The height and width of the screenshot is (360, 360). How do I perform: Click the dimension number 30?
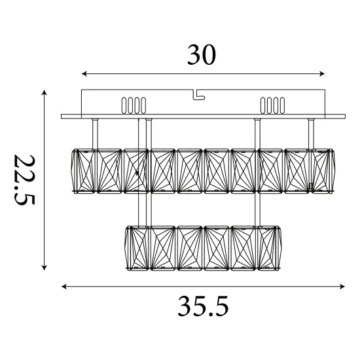[202, 54]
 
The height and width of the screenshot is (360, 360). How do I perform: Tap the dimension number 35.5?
[203, 306]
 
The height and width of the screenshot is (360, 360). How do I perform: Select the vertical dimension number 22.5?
[24, 179]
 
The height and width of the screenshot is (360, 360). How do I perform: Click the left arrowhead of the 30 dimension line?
[84, 74]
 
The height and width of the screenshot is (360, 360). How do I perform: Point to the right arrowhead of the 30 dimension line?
[322, 74]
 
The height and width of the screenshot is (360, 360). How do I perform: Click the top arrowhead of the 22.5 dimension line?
[44, 92]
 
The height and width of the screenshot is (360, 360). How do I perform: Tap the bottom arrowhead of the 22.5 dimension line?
[44, 268]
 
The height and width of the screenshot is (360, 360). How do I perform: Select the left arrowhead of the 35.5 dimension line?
[64, 287]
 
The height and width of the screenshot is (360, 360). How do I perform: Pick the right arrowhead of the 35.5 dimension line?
[342, 287]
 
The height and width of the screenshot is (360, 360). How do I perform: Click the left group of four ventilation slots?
[134, 105]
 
